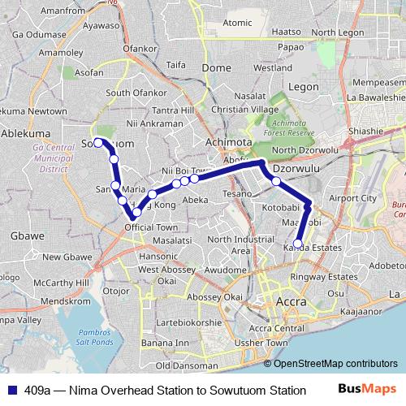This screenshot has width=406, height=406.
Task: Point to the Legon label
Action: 304,86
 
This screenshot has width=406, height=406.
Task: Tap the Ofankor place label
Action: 139,49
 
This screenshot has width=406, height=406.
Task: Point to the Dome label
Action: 216,68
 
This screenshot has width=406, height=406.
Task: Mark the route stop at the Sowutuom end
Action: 98,142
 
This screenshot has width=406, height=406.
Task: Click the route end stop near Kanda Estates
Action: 298,243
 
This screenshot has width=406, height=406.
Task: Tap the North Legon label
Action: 337,32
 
